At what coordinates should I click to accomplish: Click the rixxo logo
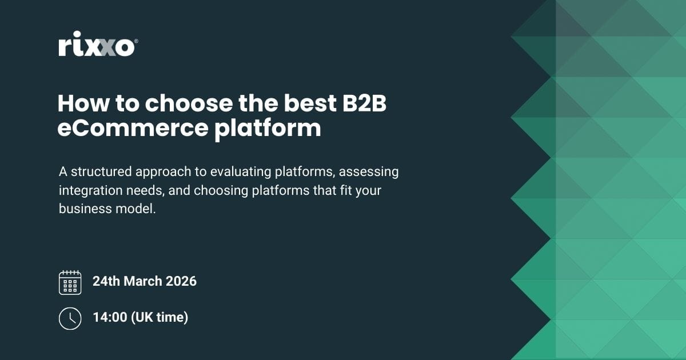(96, 47)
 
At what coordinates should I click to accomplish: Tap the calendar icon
(70, 282)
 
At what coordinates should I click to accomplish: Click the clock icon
(70, 318)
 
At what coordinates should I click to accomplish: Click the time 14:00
(110, 317)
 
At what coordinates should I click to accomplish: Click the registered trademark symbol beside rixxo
(135, 41)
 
